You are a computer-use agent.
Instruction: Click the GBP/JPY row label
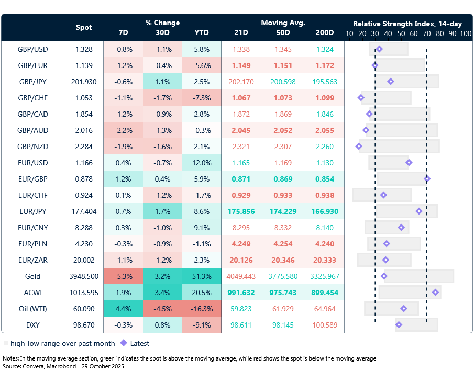coord(32,82)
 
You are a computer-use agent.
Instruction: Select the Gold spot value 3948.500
coord(84,276)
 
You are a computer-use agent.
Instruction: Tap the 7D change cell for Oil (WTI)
coord(123,309)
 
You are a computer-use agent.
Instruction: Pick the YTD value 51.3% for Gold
coord(201,276)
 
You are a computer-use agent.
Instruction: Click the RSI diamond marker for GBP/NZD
coord(359,147)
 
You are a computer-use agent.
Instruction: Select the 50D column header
coord(283,32)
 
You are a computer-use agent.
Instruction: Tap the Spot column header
coord(84,27)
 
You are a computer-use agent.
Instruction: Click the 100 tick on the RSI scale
coord(465,33)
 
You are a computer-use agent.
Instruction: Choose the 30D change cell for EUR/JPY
coord(162,211)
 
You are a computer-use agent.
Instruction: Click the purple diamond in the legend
coord(124,344)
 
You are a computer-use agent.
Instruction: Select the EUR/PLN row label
coord(32,244)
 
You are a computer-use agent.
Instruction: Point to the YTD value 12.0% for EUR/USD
coord(201,163)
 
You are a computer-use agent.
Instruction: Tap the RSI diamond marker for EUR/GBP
coord(427,179)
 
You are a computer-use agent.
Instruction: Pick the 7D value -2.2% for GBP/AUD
coord(123,130)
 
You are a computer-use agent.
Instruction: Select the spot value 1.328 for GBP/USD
coord(84,49)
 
